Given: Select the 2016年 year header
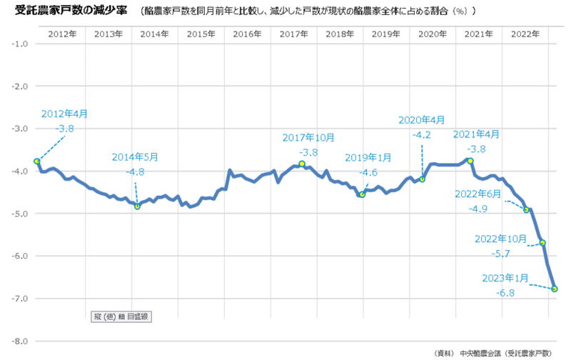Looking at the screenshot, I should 247,34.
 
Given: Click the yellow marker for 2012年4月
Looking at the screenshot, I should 36,161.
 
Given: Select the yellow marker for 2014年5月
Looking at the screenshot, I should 137,206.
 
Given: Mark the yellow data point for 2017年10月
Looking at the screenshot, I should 302,164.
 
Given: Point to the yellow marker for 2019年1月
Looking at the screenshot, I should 363,194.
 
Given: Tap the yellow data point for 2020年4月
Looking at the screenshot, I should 422,179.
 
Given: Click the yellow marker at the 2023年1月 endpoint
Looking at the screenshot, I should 555,289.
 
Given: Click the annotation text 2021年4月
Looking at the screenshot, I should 477,134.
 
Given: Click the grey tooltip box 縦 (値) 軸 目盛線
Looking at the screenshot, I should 123,315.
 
